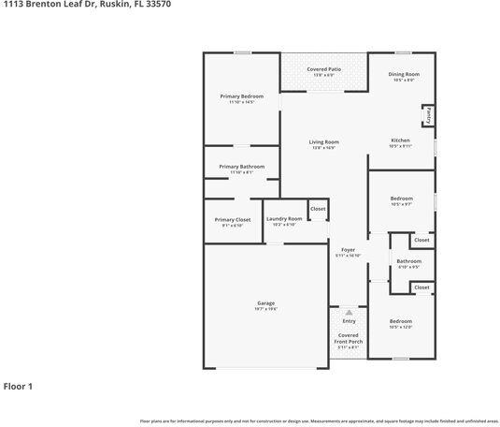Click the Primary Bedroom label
click(241, 96)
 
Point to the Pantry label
click(427, 114)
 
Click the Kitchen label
click(400, 140)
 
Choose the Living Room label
click(323, 142)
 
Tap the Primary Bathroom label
click(241, 167)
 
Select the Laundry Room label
click(284, 219)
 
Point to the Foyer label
click(348, 250)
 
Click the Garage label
click(266, 303)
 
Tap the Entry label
click(349, 321)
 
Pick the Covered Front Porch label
click(348, 338)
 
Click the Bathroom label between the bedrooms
click(408, 261)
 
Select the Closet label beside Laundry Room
click(318, 209)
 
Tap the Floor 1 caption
click(18, 386)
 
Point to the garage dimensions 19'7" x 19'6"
click(266, 309)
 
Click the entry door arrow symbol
click(349, 313)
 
